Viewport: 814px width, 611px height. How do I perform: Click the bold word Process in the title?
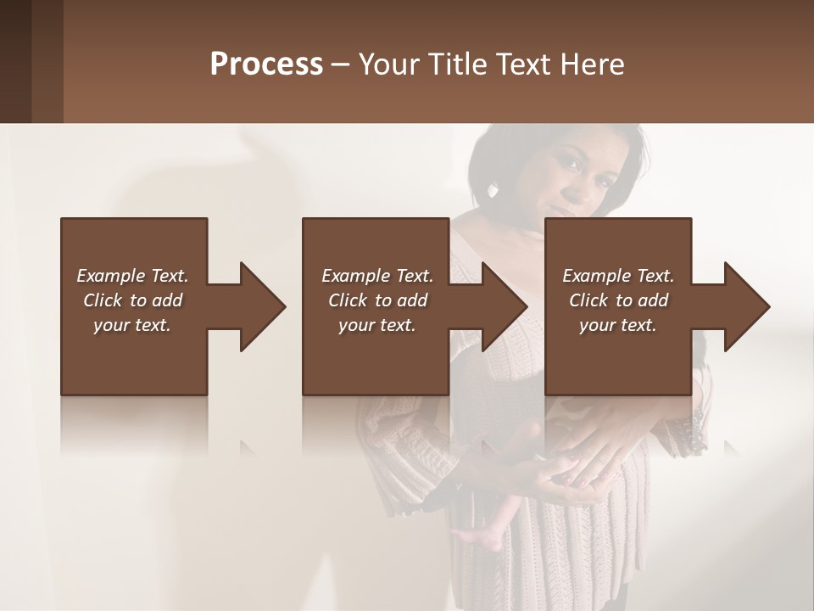pyautogui.click(x=266, y=64)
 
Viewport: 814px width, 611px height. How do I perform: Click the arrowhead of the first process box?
pyautogui.click(x=262, y=306)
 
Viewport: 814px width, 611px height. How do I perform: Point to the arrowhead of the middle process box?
pyautogui.click(x=504, y=306)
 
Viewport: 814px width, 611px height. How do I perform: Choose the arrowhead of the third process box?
pyautogui.click(x=746, y=306)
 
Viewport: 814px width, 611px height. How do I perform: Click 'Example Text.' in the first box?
pyautogui.click(x=132, y=276)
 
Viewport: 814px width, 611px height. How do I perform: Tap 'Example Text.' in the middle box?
pyautogui.click(x=377, y=276)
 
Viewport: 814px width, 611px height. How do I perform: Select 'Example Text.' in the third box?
pyautogui.click(x=618, y=276)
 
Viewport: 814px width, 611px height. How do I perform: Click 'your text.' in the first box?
pyautogui.click(x=132, y=325)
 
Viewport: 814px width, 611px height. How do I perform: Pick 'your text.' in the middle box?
pyautogui.click(x=377, y=325)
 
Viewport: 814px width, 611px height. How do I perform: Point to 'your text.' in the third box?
pyautogui.click(x=618, y=325)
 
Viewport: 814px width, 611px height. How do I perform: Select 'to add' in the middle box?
pyautogui.click(x=401, y=300)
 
